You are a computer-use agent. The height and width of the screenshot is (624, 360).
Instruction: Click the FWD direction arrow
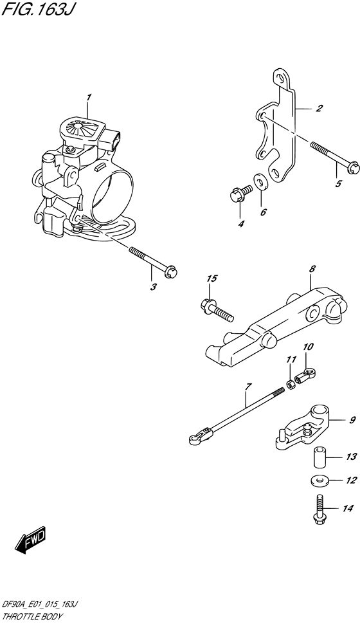pyautogui.click(x=30, y=541)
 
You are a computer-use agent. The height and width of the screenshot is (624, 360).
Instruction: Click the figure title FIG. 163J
pyautogui.click(x=37, y=10)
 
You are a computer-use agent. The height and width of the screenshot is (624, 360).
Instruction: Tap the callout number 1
pyautogui.click(x=89, y=98)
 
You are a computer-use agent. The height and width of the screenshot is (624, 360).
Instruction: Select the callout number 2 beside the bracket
pyautogui.click(x=318, y=108)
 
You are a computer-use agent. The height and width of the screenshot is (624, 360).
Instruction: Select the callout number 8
pyautogui.click(x=312, y=269)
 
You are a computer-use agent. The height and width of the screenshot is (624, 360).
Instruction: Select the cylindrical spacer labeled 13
pyautogui.click(x=319, y=457)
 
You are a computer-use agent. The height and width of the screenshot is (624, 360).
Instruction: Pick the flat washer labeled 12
pyautogui.click(x=319, y=481)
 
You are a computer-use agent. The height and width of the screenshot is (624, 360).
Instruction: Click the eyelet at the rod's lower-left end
pyautogui.click(x=193, y=439)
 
